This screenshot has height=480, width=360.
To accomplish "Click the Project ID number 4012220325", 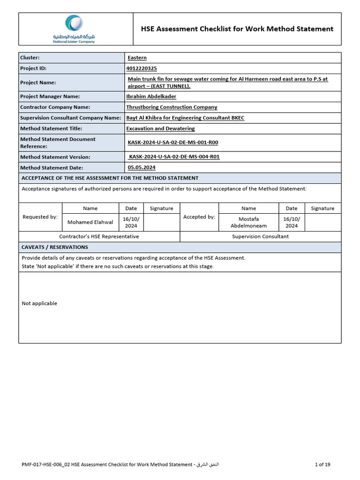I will (x=142, y=68).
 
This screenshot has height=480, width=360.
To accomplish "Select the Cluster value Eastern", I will (x=137, y=58).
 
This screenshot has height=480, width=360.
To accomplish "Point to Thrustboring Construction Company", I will (x=172, y=107).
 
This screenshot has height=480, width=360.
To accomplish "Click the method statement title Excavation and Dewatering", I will (x=160, y=128).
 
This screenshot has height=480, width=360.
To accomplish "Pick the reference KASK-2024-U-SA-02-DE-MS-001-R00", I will (x=173, y=142).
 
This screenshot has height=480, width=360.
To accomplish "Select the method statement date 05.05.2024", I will (x=142, y=167).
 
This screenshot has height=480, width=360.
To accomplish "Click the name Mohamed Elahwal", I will (x=90, y=222).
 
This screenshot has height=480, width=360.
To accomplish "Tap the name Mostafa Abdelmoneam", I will (x=248, y=222).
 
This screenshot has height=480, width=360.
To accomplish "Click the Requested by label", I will (x=40, y=217).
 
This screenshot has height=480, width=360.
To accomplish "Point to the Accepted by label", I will (x=199, y=217).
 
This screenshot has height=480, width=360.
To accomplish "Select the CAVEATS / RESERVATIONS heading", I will (x=55, y=247).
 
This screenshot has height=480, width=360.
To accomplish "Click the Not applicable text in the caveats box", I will (x=39, y=303).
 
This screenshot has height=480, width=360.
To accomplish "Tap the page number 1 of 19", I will (x=322, y=465).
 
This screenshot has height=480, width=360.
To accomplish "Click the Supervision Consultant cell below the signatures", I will (x=260, y=236).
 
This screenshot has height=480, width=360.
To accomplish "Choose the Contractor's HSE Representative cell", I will (x=99, y=236).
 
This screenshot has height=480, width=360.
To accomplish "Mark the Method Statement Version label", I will (x=55, y=157).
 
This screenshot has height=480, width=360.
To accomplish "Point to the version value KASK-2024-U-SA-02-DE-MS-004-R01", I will (x=174, y=157).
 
